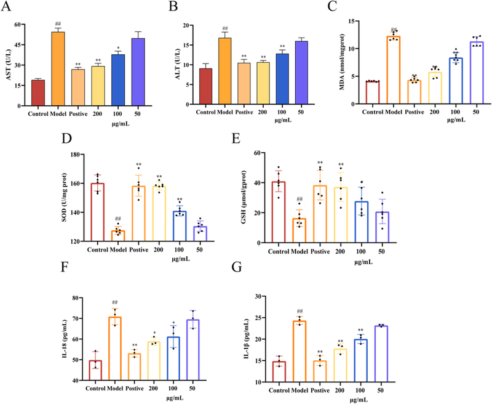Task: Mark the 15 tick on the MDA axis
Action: [375, 22]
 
